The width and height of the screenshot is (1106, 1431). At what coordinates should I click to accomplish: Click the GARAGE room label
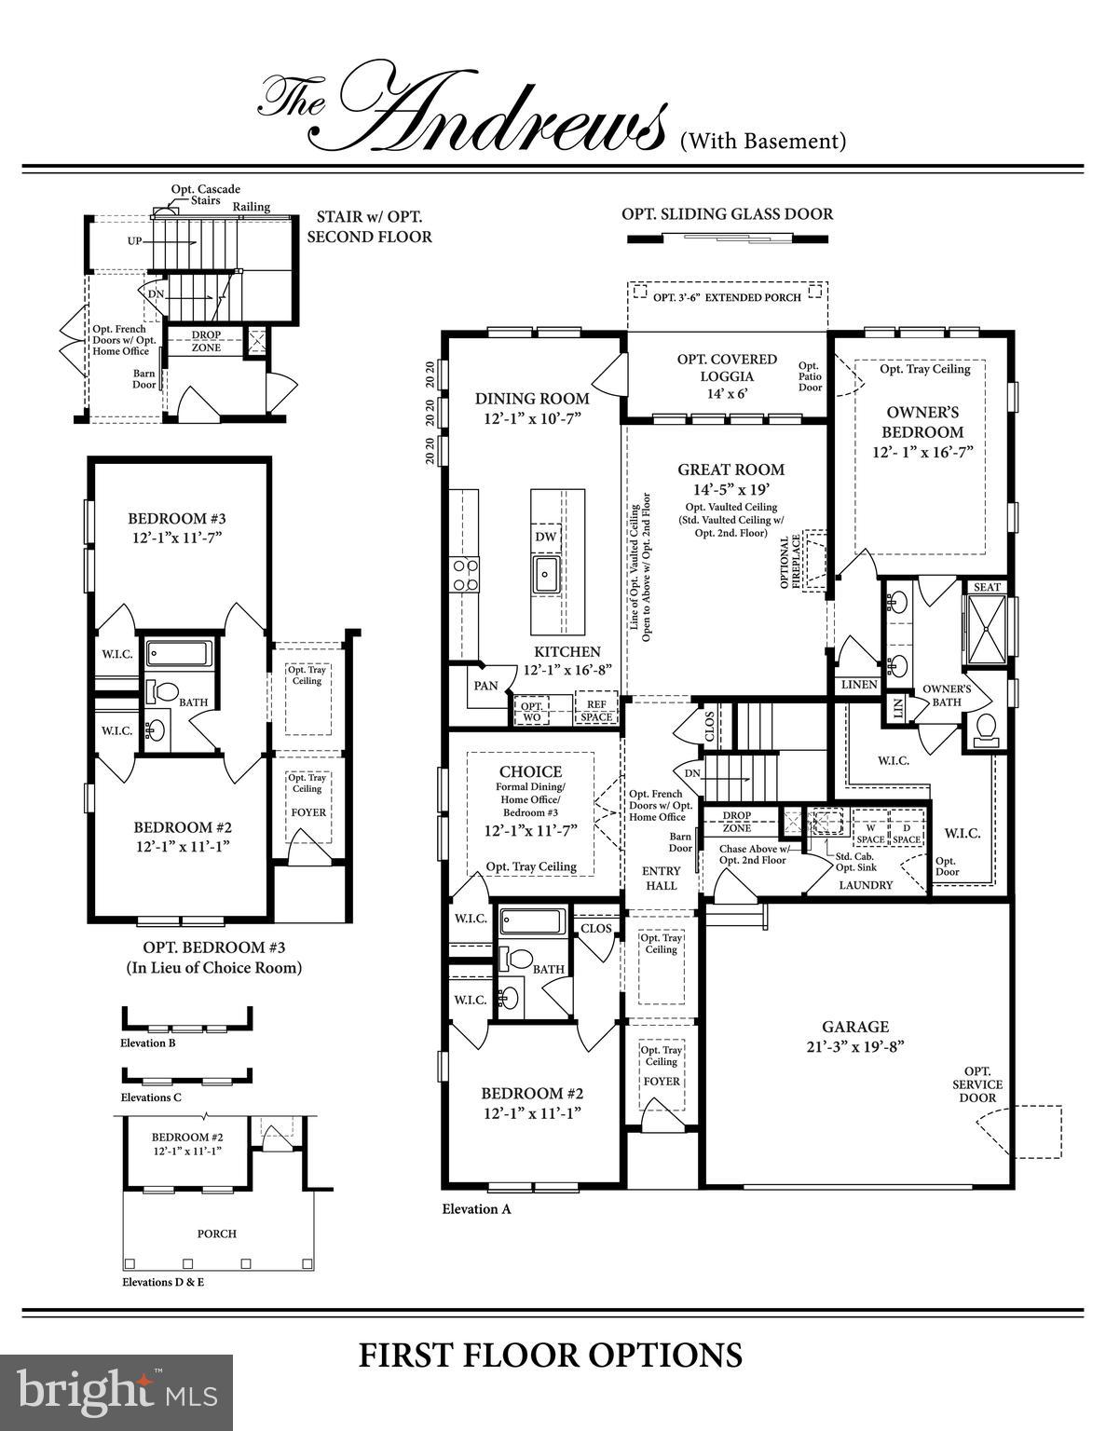(854, 1027)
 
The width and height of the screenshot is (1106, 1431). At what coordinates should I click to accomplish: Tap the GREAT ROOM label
(731, 470)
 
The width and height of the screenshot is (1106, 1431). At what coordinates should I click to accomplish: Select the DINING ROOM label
(532, 399)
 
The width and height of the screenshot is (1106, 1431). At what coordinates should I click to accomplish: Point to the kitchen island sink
(546, 575)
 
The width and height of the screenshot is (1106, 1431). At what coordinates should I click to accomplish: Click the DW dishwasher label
(546, 538)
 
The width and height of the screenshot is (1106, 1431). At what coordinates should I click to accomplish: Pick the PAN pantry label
(485, 686)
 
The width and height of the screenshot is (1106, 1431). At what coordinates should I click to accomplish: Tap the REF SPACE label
(596, 712)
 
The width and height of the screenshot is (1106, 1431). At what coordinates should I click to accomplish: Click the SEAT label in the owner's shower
(987, 587)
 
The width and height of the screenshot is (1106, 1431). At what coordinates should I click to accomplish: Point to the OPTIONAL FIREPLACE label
(791, 561)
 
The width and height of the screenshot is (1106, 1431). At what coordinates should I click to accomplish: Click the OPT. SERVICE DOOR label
(977, 1084)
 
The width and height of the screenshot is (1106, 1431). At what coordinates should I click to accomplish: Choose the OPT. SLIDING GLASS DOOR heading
(727, 214)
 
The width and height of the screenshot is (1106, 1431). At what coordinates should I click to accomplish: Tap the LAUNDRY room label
(866, 885)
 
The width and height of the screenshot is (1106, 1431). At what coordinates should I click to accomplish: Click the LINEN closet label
(859, 685)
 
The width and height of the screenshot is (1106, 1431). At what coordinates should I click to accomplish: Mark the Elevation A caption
(476, 1209)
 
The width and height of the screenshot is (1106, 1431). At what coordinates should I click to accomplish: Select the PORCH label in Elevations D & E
(216, 1233)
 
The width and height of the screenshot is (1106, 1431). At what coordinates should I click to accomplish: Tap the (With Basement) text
(762, 142)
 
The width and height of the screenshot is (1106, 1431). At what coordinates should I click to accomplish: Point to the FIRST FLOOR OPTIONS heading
(551, 1355)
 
